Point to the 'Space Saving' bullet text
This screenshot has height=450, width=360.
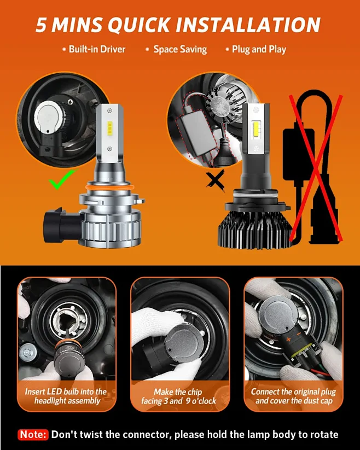click(x=179, y=49)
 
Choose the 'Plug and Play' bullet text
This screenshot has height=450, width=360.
click(x=258, y=49)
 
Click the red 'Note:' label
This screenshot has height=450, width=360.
click(x=33, y=435)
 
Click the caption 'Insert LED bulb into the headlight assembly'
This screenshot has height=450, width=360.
click(x=66, y=396)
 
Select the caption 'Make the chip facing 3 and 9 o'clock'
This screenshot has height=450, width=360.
click(x=178, y=396)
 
